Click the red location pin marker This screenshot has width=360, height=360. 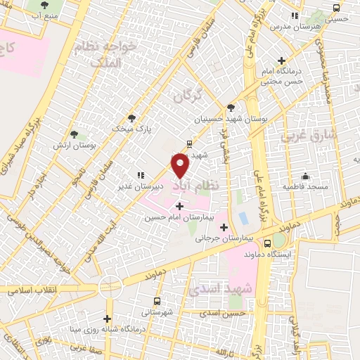pyautogui.click(x=181, y=165)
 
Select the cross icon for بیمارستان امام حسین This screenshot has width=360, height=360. pyautogui.click(x=180, y=206)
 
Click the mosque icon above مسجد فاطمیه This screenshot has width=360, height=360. pyautogui.click(x=305, y=176)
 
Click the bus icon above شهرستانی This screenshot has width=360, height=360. pyautogui.click(x=162, y=300)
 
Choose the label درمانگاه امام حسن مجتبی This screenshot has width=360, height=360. pyautogui.click(x=283, y=76)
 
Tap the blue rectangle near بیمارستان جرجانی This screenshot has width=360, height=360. pyautogui.click(x=243, y=219)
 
